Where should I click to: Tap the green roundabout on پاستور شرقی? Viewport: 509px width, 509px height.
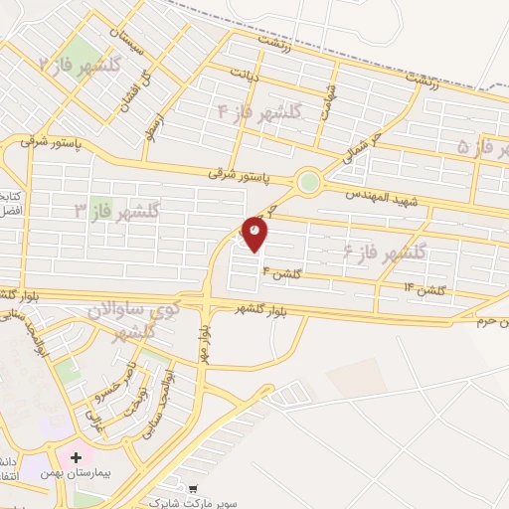point(309,182)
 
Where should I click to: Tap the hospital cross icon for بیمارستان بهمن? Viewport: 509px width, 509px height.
point(75,457)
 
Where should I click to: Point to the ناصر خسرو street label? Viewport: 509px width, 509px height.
point(107,391)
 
